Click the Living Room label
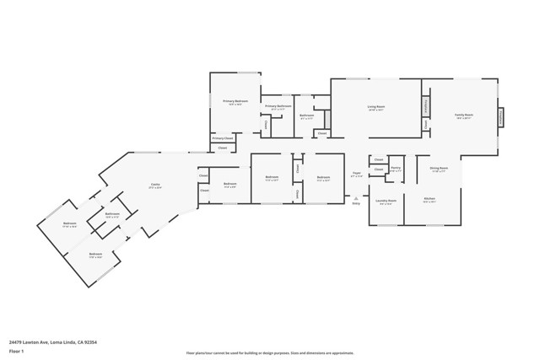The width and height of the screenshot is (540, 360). coord(375,107)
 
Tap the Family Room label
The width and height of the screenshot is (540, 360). coord(464,115)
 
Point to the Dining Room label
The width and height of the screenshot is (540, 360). coord(439,168)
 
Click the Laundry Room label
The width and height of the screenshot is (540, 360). coord(386,201)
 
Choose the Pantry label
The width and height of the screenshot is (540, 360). coord(395,168)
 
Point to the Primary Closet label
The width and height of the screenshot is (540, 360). coord(223,138)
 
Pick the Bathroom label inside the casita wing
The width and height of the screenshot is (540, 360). coord(112,214)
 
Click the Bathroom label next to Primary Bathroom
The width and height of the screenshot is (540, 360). coord(307,115)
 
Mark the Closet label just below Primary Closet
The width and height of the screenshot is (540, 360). coord(223,148)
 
